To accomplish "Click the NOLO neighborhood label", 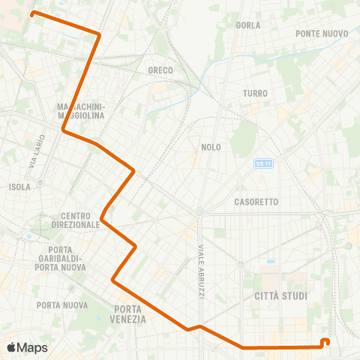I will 211,147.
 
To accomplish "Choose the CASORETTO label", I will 256,202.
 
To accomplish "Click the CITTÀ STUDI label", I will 280,295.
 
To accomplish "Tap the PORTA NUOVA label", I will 61,304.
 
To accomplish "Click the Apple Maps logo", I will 27,347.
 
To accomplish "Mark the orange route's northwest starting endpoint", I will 32,13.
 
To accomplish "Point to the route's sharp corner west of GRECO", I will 100,34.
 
